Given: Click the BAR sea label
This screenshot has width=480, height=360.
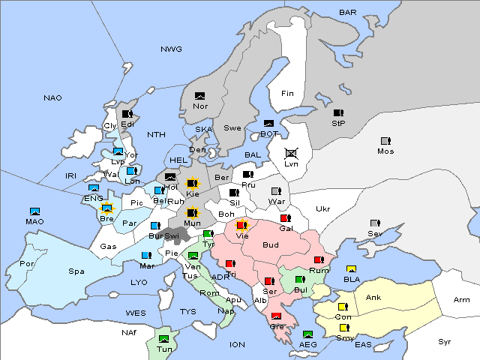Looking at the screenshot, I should pyautogui.click(x=347, y=12).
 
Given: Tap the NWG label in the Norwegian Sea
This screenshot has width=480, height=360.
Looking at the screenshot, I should pyautogui.click(x=171, y=49).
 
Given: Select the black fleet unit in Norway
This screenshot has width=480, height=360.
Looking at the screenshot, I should pyautogui.click(x=199, y=96).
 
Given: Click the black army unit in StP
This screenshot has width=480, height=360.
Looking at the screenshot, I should pyautogui.click(x=338, y=113).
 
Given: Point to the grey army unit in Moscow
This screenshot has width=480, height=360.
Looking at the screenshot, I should pyautogui.click(x=385, y=141).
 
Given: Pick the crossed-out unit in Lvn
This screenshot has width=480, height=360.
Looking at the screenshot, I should pyautogui.click(x=292, y=153).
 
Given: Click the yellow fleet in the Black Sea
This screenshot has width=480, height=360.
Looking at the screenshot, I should pyautogui.click(x=351, y=269).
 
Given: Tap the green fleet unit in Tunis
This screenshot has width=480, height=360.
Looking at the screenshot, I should pyautogui.click(x=163, y=340).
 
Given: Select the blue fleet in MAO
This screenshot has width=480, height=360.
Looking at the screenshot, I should pyautogui.click(x=34, y=211).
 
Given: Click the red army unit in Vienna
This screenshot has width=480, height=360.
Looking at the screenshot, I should pyautogui.click(x=241, y=225).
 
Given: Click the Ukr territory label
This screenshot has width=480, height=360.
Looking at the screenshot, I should pyautogui.click(x=322, y=208).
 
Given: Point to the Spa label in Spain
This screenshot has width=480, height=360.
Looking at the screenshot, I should pyautogui.click(x=76, y=271).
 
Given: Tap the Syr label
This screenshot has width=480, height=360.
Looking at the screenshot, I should pyautogui.click(x=445, y=341).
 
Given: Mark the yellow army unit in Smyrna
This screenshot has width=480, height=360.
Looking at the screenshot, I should pyautogui.click(x=344, y=328).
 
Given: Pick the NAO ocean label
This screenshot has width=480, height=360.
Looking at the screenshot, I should pyautogui.click(x=52, y=98).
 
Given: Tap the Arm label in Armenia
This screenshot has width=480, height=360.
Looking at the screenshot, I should pyautogui.click(x=462, y=300).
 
